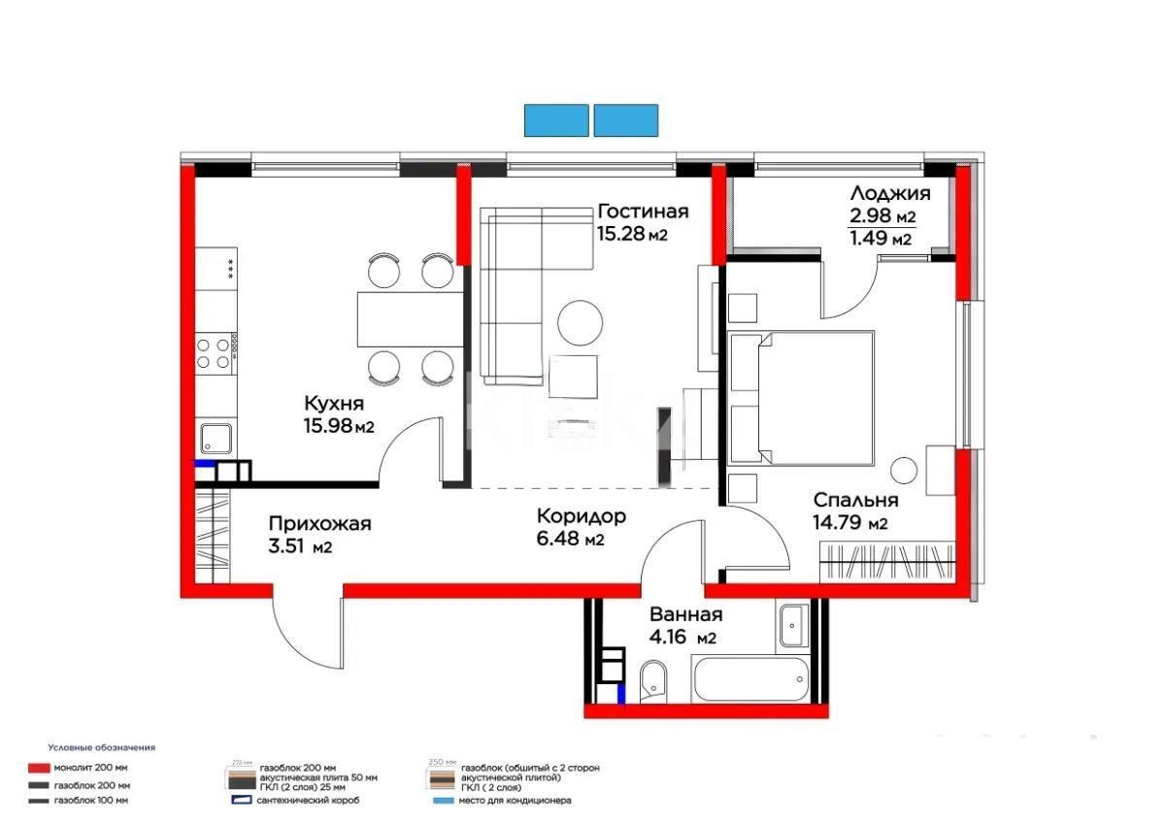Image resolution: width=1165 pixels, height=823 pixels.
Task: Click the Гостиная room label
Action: click(x=643, y=212)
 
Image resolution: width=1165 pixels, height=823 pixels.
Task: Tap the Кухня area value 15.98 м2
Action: click(x=339, y=425)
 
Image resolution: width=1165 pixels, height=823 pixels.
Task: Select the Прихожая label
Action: click(x=319, y=524)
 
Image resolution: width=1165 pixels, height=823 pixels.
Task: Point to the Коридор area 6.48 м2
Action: click(x=570, y=540)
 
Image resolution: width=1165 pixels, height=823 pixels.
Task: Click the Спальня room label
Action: click(x=855, y=501)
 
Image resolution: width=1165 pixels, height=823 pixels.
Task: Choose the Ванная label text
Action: click(x=685, y=614)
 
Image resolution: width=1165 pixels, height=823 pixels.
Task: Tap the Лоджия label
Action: click(x=889, y=193)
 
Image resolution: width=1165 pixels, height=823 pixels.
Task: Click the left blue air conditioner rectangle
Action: click(x=556, y=120)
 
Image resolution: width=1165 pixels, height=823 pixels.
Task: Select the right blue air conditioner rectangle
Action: click(x=626, y=120)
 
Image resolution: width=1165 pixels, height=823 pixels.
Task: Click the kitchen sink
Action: click(x=216, y=439)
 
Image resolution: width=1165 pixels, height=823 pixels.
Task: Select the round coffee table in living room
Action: click(x=581, y=322)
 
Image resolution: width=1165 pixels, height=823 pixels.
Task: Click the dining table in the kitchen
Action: click(x=406, y=318)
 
